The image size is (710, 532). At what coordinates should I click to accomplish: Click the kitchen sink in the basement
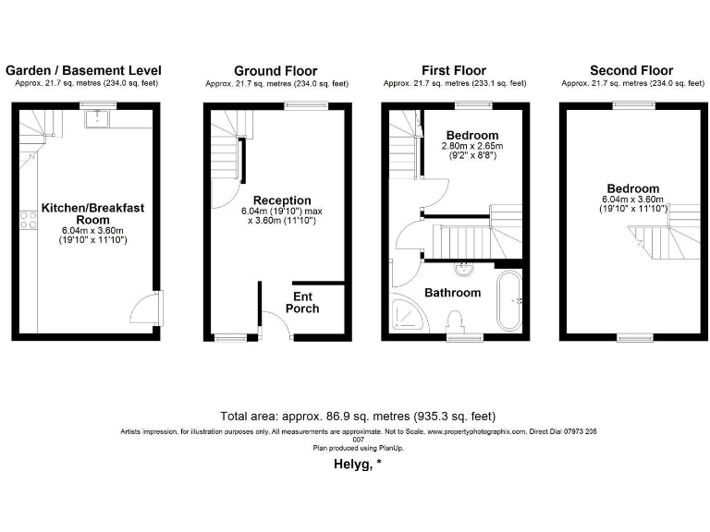(x=96, y=116)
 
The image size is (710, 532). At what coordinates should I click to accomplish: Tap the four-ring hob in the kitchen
(x=28, y=220)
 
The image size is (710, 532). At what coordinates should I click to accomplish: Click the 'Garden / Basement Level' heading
(x=83, y=70)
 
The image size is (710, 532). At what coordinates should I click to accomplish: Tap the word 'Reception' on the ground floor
(x=282, y=200)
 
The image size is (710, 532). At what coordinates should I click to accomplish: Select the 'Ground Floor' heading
(x=275, y=70)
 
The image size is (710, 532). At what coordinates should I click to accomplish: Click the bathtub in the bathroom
(x=508, y=300)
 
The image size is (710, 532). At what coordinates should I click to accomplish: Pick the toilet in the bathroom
(x=454, y=322)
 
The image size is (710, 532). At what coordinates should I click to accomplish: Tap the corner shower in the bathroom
(x=408, y=315)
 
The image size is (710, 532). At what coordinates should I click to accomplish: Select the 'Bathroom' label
(x=452, y=293)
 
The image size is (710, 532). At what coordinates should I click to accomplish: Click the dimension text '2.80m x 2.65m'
(x=471, y=146)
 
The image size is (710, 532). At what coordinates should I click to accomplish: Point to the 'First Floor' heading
(x=453, y=70)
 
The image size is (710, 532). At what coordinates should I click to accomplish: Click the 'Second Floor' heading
(x=631, y=70)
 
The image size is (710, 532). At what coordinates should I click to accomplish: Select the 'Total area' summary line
(x=363, y=417)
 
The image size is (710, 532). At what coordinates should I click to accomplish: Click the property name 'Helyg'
(x=354, y=465)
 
